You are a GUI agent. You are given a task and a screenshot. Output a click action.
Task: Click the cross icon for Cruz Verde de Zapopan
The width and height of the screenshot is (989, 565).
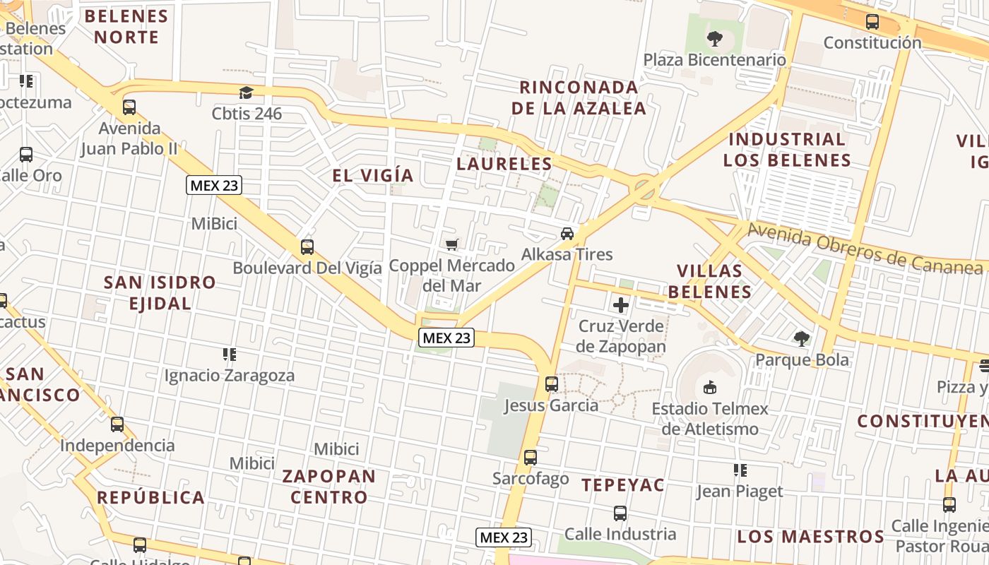(621, 305)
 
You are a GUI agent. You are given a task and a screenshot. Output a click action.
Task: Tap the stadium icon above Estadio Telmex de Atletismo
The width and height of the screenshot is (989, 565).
(710, 387)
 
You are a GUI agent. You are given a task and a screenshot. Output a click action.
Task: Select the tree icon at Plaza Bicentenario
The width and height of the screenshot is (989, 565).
(715, 39)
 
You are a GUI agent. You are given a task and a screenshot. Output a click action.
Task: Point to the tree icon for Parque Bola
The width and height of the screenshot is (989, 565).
(801, 339)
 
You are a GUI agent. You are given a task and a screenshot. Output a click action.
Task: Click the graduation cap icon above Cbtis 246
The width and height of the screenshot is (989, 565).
(246, 93)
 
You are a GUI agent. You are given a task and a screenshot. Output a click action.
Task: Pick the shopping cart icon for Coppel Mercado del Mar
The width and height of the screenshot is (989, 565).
(452, 245)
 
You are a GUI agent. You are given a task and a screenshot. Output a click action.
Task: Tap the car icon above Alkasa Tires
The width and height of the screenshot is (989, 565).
(567, 234)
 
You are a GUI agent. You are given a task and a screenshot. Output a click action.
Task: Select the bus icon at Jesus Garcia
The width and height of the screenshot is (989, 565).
(551, 384)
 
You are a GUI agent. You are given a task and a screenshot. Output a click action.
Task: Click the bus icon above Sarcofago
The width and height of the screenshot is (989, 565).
(531, 458)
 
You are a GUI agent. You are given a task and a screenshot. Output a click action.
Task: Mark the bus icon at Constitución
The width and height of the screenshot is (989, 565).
(872, 22)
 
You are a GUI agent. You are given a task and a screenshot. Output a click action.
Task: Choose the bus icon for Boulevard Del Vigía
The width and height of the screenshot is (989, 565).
(307, 247)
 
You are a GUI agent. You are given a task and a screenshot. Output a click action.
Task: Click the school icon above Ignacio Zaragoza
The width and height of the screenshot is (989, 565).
(229, 355)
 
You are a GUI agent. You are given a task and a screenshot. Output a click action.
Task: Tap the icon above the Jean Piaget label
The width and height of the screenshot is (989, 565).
(740, 470)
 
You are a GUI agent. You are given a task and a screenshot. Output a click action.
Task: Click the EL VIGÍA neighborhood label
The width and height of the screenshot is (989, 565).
(373, 175)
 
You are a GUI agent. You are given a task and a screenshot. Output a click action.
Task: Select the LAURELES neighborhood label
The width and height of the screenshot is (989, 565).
(504, 164)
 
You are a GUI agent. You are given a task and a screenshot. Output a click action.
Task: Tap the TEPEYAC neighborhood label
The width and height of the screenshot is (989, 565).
(623, 484)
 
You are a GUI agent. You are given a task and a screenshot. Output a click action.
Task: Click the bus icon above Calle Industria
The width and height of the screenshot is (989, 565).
(620, 513)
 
